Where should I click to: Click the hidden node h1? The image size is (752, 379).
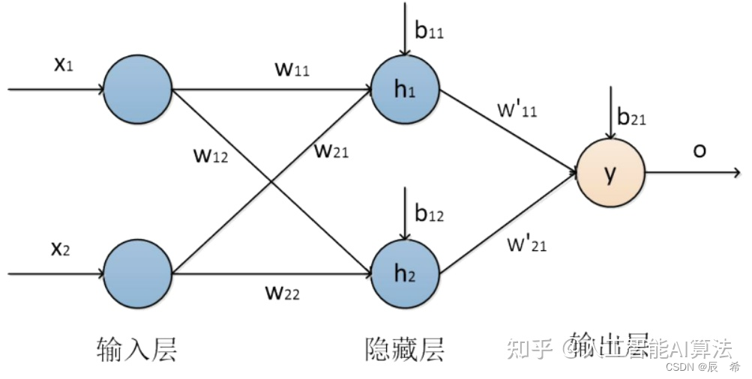click(x=405, y=90)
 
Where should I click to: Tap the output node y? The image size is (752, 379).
click(x=610, y=173)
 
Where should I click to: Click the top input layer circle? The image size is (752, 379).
click(x=138, y=89)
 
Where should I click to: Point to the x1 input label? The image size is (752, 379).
click(x=63, y=64)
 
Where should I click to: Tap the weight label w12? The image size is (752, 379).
click(x=211, y=157)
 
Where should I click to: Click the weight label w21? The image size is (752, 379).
click(x=331, y=151)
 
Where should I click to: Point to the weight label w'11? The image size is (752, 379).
click(x=517, y=109)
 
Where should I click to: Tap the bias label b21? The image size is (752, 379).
click(x=631, y=118)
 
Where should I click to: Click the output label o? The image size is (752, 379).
click(x=700, y=151)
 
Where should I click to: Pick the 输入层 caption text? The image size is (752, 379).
click(x=137, y=348)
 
